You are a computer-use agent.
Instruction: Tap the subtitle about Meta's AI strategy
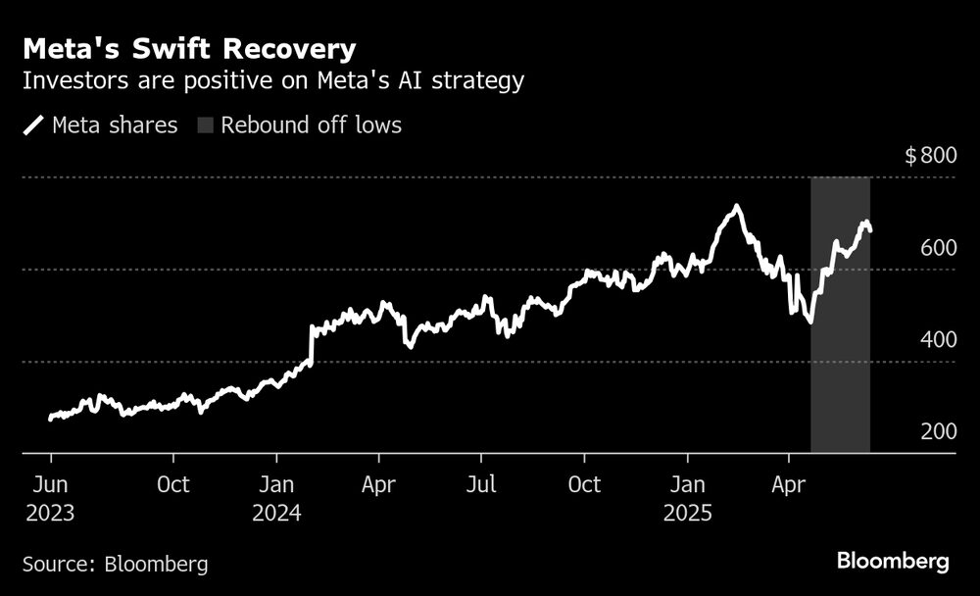272,80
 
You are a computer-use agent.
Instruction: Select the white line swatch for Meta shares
33,125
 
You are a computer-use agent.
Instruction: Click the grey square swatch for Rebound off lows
206,125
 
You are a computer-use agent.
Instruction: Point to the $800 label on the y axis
930,156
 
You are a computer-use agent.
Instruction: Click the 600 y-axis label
939,248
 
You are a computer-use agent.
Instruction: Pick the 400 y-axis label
939,340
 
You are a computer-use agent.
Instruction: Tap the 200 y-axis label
939,432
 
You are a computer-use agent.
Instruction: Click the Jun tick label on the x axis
50,484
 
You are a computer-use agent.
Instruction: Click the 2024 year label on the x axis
277,513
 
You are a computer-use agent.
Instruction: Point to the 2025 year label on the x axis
688,513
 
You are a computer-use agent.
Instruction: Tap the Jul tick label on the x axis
480,484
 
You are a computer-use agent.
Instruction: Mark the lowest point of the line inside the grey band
810,322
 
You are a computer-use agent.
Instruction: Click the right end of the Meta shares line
871,230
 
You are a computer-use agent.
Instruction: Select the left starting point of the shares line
50,419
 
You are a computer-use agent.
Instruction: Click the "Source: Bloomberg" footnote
115,564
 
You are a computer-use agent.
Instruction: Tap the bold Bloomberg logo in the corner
892,562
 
